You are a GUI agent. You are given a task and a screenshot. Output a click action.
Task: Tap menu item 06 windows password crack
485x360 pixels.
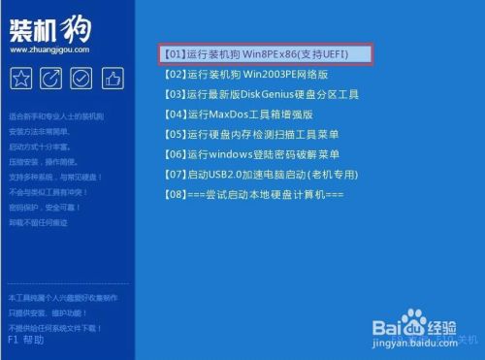click(x=252, y=154)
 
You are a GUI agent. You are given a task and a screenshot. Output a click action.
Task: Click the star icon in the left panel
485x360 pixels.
click(x=21, y=78)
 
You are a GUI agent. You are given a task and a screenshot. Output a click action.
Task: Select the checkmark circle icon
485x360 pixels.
click(x=81, y=78)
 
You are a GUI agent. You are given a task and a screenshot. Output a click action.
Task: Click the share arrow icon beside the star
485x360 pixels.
click(x=51, y=78)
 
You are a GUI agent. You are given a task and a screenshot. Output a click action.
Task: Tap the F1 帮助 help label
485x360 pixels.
click(x=25, y=341)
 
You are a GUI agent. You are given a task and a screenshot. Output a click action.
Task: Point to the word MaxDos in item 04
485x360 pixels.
click(x=227, y=114)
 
